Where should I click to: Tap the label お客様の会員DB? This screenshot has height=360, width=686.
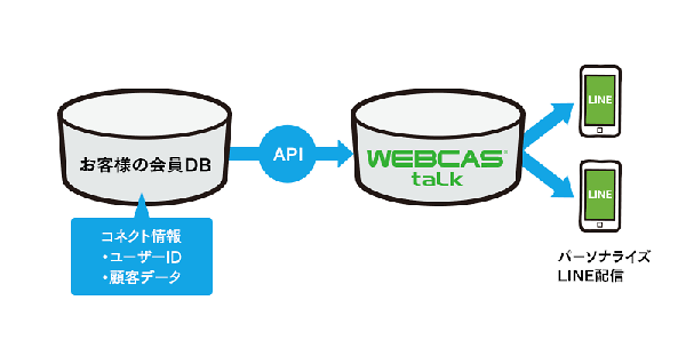pyautogui.click(x=145, y=166)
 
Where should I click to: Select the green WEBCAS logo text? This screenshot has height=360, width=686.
pyautogui.click(x=434, y=158)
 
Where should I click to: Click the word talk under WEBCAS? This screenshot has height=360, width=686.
pyautogui.click(x=437, y=179)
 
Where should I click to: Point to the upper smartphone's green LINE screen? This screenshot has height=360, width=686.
pyautogui.click(x=600, y=100)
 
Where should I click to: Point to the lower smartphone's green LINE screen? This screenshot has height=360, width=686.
pyautogui.click(x=600, y=194)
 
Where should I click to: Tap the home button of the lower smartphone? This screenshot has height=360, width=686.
pyautogui.click(x=599, y=225)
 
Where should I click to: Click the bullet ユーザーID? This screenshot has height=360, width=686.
pyautogui.click(x=141, y=257)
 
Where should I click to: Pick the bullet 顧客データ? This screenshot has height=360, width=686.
pyautogui.click(x=141, y=278)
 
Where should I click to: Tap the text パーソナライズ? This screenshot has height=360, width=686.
pyautogui.click(x=604, y=257)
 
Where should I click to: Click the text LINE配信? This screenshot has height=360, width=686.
pyautogui.click(x=591, y=277)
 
